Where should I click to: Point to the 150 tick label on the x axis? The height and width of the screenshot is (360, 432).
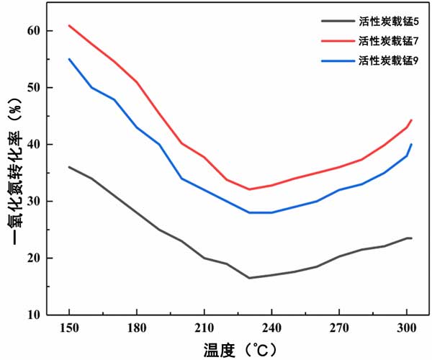[x=69, y=325]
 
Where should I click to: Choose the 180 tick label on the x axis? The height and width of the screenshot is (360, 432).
[x=137, y=325]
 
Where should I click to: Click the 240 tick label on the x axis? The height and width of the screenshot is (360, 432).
[x=271, y=325]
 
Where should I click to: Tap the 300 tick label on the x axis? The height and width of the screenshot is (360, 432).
[x=406, y=325]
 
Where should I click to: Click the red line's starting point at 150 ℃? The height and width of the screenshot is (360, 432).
[x=69, y=25]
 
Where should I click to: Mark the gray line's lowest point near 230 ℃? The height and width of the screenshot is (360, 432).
[x=250, y=278]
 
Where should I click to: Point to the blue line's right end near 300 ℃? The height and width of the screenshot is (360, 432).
[x=411, y=144]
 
